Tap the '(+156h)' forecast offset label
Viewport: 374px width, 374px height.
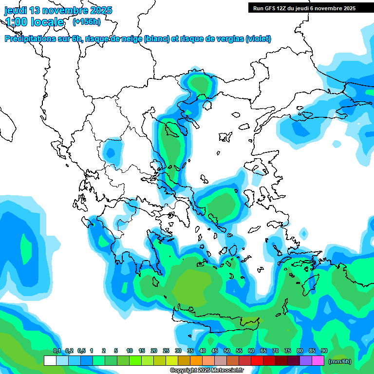pyautogui.click(x=86, y=21)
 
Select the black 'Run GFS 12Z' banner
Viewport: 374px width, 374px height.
pyautogui.click(x=304, y=8)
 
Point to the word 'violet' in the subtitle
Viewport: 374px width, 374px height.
pyautogui.click(x=258, y=39)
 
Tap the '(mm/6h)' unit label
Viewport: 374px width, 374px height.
pyautogui.click(x=340, y=361)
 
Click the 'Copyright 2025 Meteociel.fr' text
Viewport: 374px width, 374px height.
pyautogui.click(x=206, y=371)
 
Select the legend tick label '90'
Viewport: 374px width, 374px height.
pyautogui.click(x=324, y=351)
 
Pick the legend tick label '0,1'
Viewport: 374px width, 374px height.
pyautogui.click(x=56, y=351)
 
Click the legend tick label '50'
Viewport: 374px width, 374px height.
pyautogui.click(x=227, y=351)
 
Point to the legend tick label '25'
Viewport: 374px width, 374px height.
pyautogui.click(x=166, y=351)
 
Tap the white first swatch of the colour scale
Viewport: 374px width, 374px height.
pyautogui.click(x=50, y=361)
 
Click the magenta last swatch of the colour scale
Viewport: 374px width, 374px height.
pyautogui.click(x=318, y=361)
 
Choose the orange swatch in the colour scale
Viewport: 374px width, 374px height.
pyautogui.click(x=196, y=361)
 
